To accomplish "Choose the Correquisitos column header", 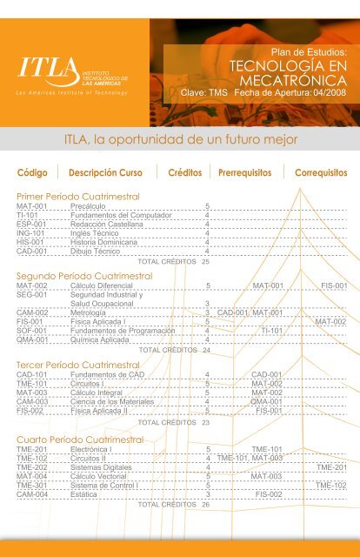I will point(321,172).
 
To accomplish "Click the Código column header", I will point(31,172).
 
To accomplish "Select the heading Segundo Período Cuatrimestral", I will point(83,276).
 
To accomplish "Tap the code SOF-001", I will point(31,331).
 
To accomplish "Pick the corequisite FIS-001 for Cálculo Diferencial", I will point(334,285).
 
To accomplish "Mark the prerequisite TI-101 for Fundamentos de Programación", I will point(272,331).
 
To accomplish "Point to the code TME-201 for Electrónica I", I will point(31,450).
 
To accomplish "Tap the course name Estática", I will point(85,494).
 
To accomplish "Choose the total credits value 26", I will point(205,505).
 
